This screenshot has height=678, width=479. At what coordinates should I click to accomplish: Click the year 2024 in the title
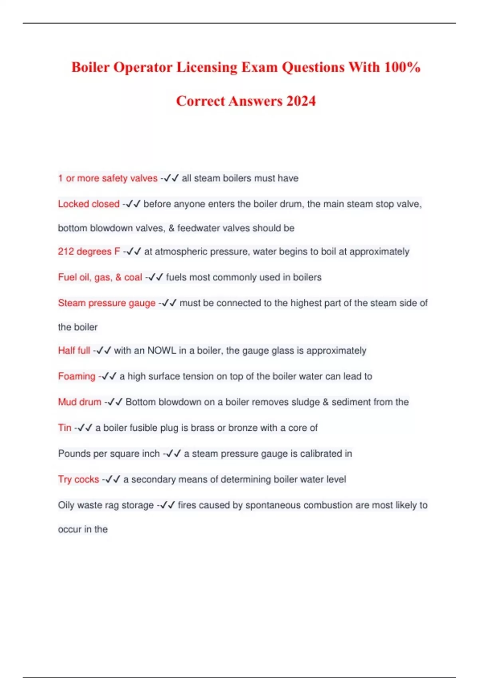(301, 101)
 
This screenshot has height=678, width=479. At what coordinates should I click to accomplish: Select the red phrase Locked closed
(89, 204)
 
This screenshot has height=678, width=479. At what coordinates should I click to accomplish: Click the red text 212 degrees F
(89, 252)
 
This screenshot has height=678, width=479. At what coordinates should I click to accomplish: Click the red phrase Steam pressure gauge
(107, 303)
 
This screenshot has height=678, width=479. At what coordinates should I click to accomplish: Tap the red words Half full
(74, 351)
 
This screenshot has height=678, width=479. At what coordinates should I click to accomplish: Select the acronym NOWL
(162, 351)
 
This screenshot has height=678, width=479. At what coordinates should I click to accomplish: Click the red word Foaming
(77, 376)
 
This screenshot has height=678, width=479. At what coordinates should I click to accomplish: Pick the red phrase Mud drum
(79, 402)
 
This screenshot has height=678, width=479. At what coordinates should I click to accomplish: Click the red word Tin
(65, 428)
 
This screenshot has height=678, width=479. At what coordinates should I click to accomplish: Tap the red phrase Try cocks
(78, 479)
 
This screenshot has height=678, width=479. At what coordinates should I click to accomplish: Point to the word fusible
(143, 428)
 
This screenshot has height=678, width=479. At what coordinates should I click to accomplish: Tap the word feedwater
(198, 228)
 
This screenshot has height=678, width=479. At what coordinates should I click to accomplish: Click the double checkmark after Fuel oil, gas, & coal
(155, 277)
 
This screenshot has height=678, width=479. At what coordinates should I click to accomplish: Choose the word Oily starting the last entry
(66, 505)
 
